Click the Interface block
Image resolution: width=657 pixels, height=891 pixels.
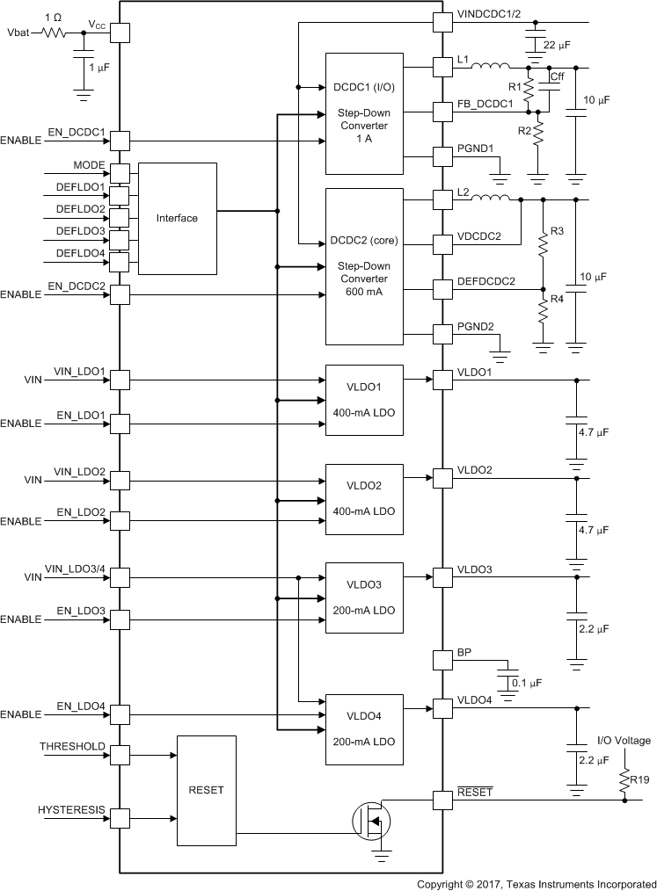tap(177, 218)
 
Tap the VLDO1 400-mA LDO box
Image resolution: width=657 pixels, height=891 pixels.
tap(364, 399)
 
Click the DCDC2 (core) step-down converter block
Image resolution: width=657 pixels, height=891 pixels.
tap(364, 266)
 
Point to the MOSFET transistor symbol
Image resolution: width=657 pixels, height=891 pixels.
tap(371, 822)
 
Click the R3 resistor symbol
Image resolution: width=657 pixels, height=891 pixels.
tap(543, 247)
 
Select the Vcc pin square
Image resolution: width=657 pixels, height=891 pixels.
tap(119, 33)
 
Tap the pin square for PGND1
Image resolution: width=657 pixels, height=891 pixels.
tap(442, 156)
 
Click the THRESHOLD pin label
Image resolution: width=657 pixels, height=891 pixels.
tap(72, 746)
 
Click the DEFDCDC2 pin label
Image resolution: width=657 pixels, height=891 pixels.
tap(486, 281)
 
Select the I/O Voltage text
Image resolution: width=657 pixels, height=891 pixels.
tap(624, 741)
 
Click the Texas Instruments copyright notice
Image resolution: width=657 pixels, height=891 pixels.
tap(536, 882)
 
